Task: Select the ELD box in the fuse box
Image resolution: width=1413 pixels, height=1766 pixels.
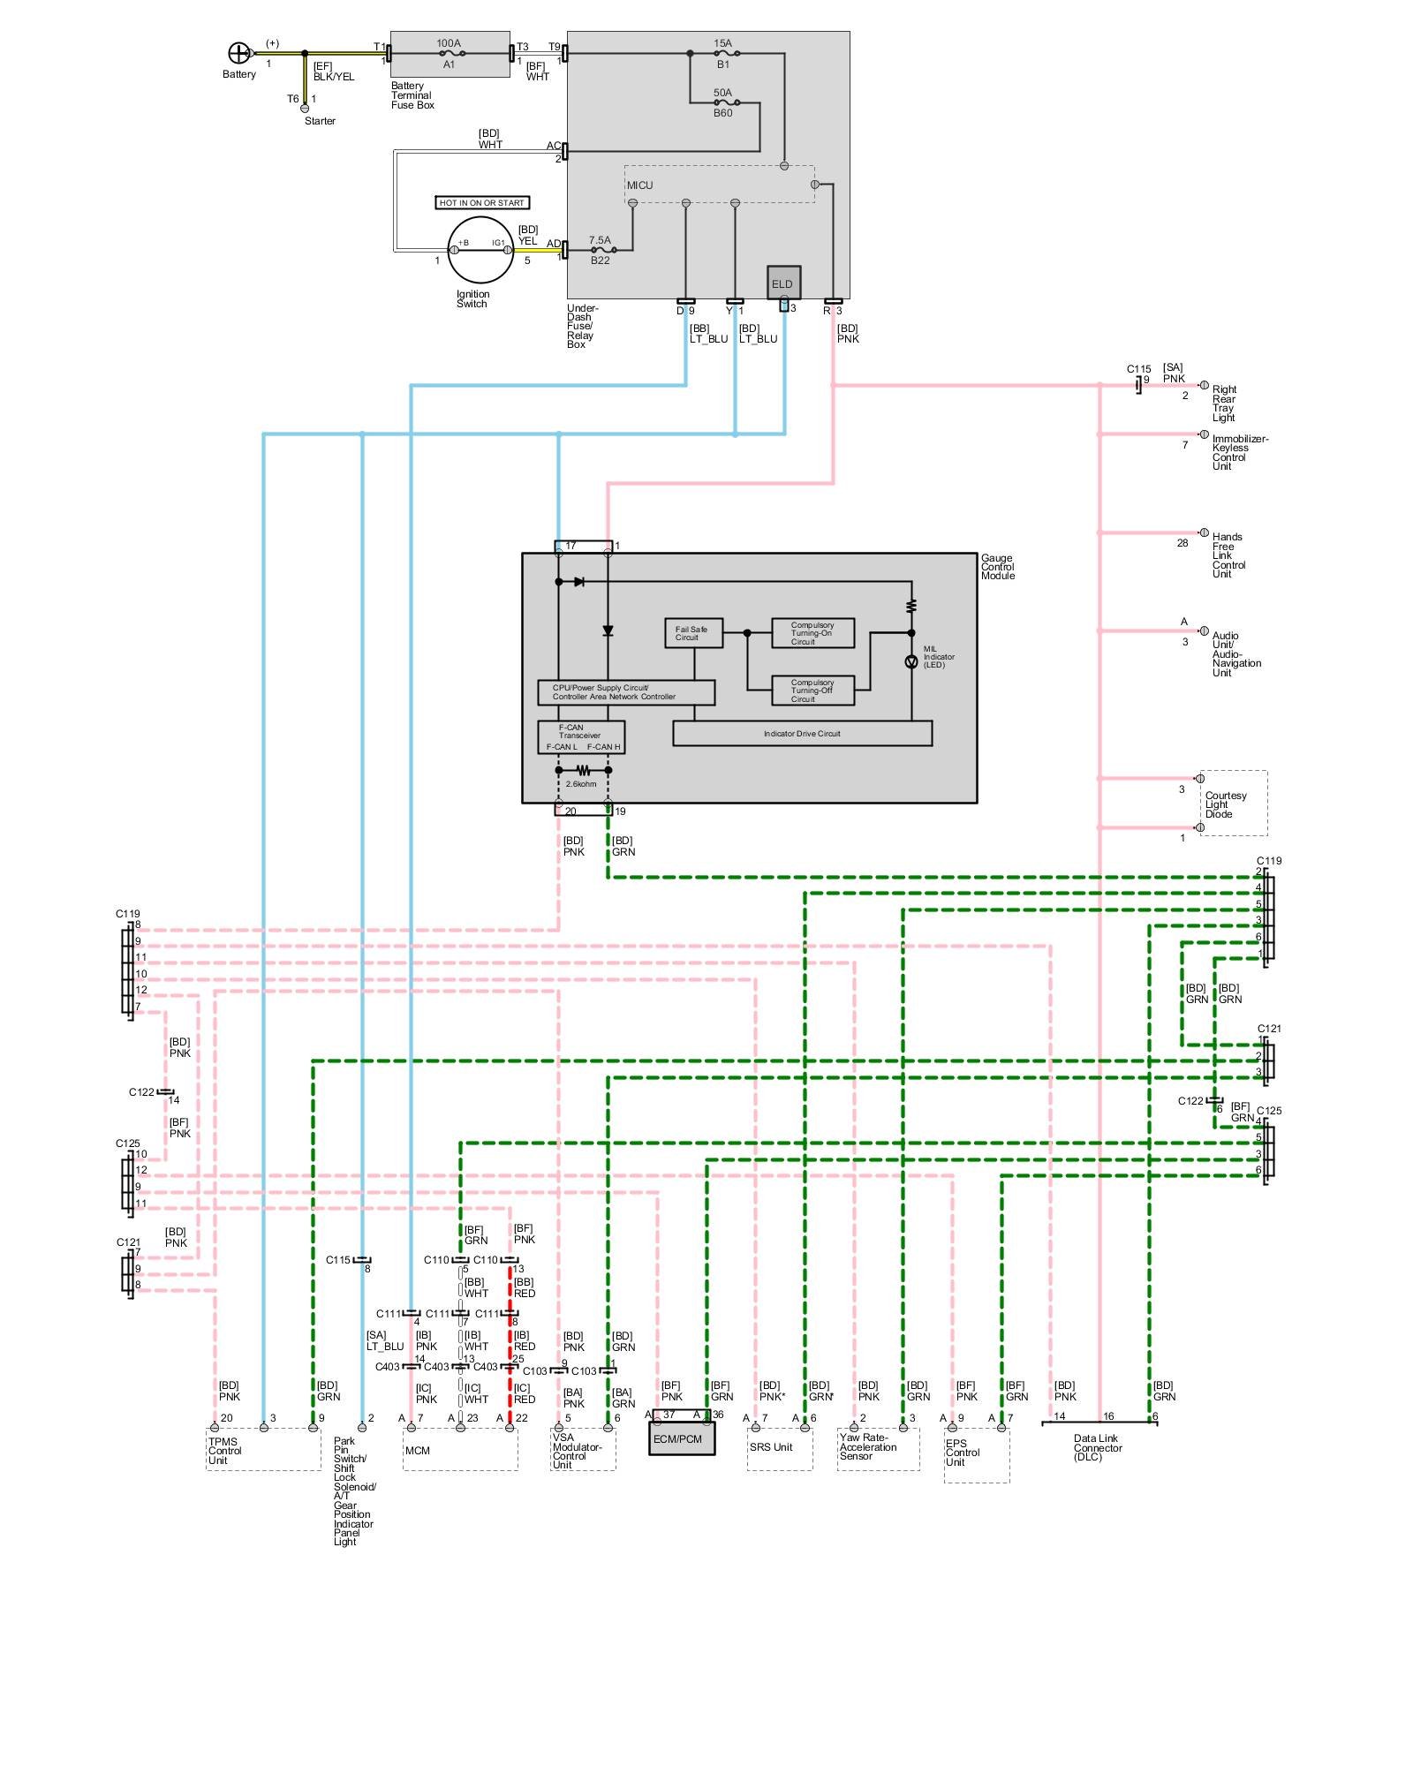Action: coord(783,283)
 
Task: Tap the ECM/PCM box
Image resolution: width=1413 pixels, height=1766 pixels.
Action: coord(682,1438)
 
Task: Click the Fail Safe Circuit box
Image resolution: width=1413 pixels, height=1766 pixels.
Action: coord(693,633)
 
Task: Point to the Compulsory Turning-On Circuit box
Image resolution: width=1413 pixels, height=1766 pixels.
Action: coord(812,633)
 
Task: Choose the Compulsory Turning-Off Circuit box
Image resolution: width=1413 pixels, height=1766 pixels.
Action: coord(812,691)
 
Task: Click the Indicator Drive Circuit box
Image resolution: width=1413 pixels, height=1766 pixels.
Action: coord(802,733)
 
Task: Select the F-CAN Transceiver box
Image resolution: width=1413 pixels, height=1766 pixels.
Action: coord(582,737)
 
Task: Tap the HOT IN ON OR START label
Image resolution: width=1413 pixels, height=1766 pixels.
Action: coord(482,203)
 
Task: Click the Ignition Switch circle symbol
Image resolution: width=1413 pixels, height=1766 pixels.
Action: coord(480,250)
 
